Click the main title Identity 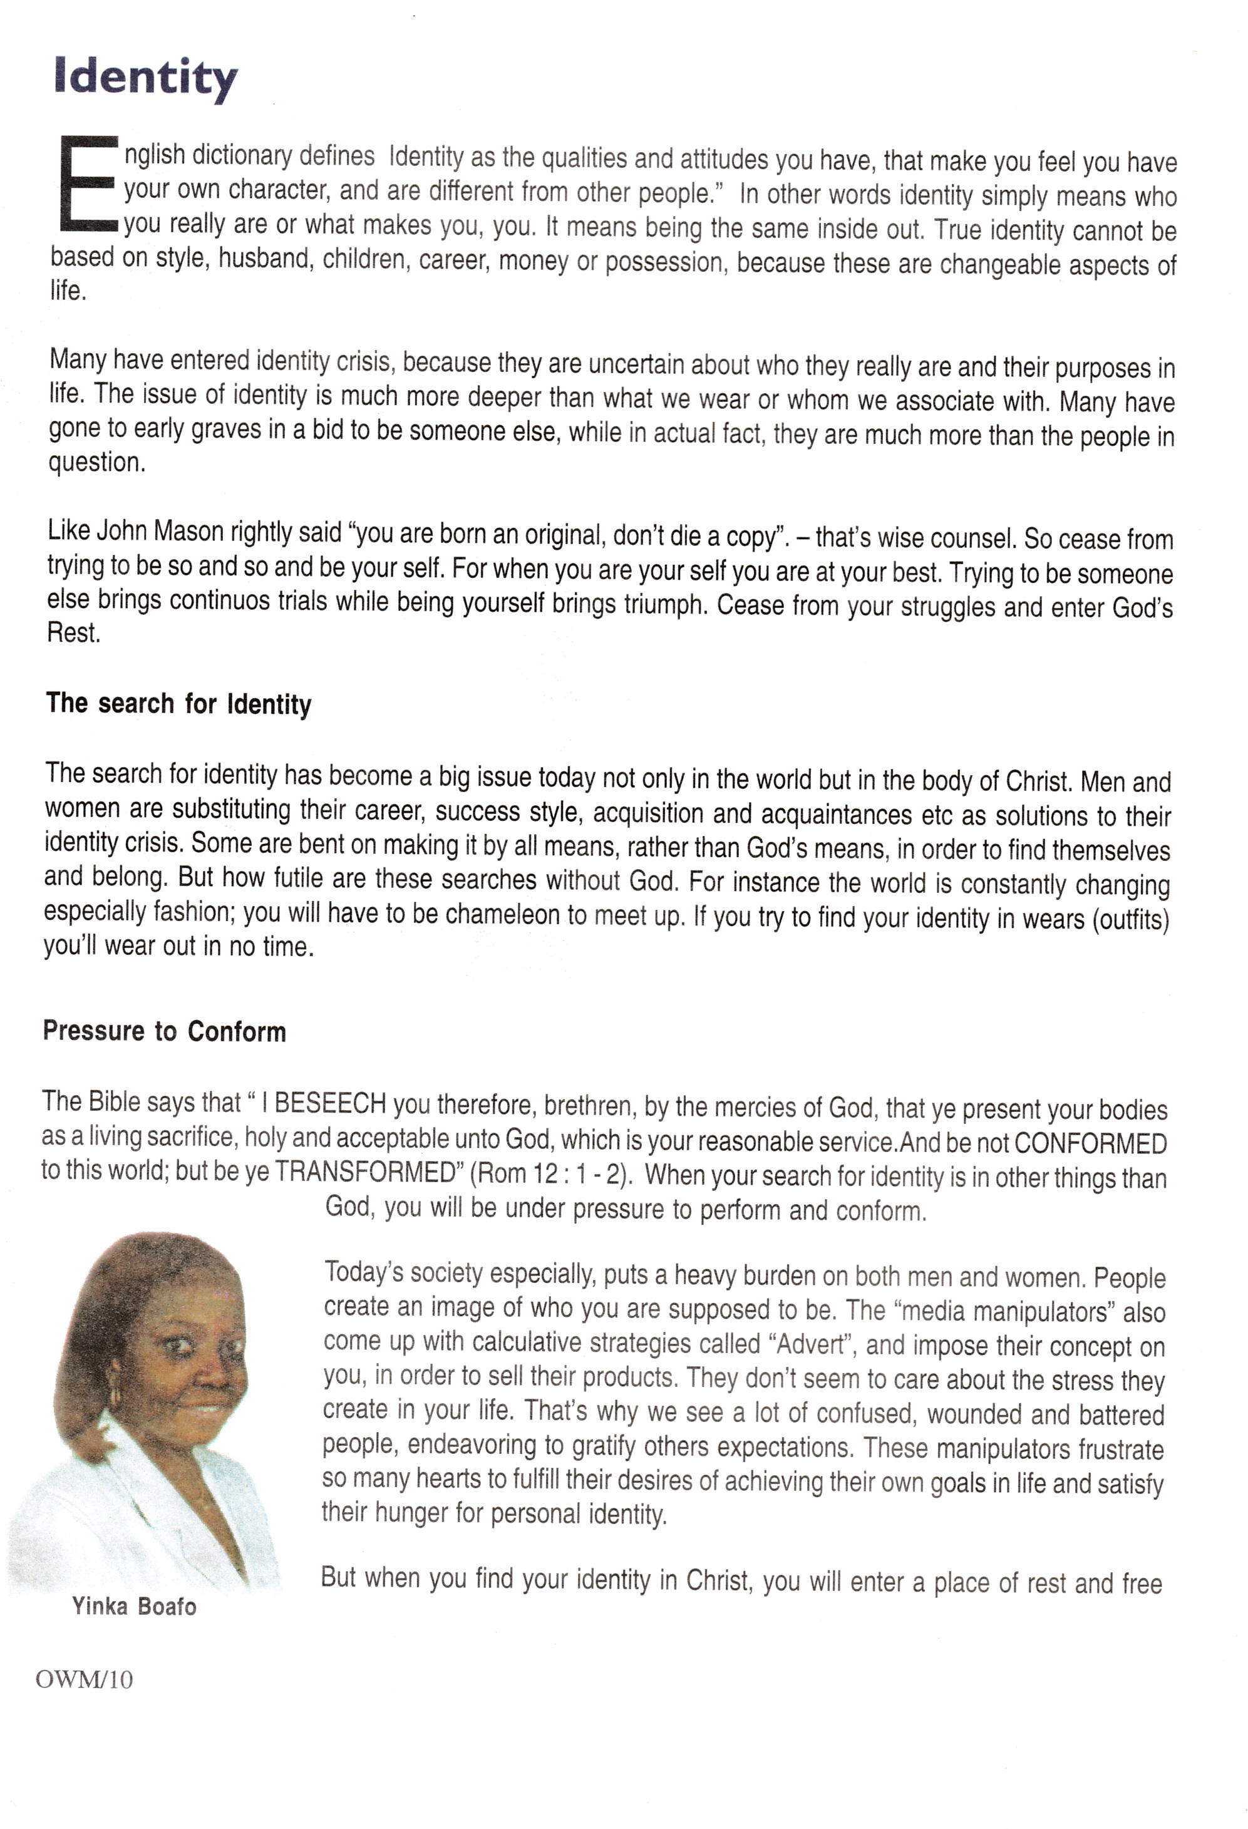click(x=145, y=80)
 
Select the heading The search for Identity click(x=178, y=703)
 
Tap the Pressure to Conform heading click(x=165, y=1031)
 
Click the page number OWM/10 click(x=84, y=1680)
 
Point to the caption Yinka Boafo click(x=135, y=1606)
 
